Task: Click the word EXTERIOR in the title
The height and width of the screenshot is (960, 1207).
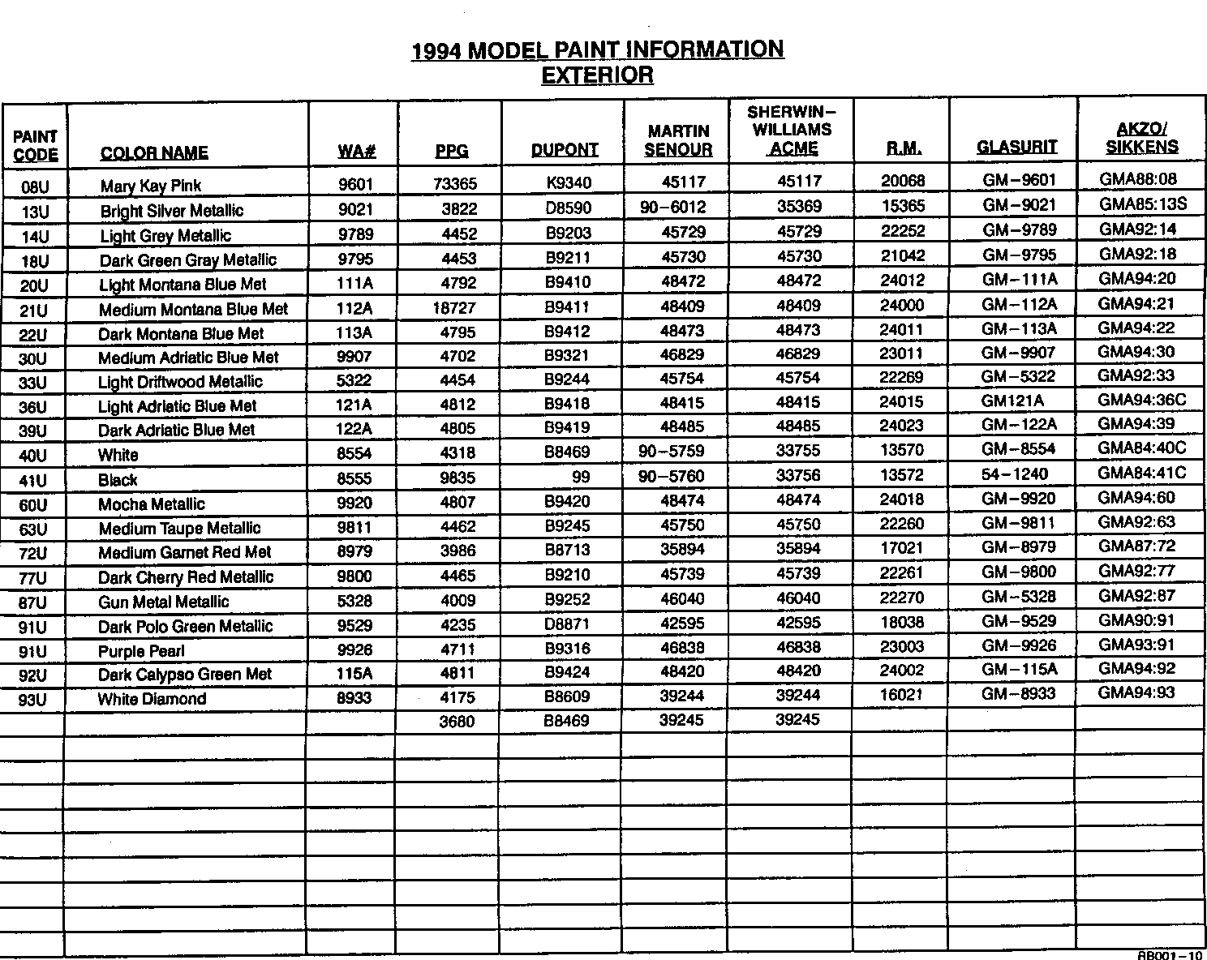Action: [x=597, y=75]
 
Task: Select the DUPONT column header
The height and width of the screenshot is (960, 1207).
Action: [x=565, y=150]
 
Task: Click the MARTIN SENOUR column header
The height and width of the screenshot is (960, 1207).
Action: [x=678, y=140]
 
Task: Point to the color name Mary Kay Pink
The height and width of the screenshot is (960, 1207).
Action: [x=151, y=186]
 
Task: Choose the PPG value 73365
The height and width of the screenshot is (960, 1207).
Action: [x=455, y=184]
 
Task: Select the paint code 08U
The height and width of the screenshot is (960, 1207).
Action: [x=36, y=187]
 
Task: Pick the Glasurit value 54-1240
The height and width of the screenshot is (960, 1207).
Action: [x=1015, y=474]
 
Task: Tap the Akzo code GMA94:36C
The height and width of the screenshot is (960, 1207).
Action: [x=1142, y=400]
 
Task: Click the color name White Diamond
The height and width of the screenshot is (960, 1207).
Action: [x=152, y=699]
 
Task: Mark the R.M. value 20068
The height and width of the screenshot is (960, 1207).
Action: [x=903, y=181]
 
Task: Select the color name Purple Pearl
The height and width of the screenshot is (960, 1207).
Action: [x=141, y=651]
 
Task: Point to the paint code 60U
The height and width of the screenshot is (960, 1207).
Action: [x=33, y=506]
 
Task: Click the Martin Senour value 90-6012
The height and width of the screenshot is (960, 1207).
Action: [x=672, y=208]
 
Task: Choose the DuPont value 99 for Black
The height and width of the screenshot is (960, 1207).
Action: [x=581, y=477]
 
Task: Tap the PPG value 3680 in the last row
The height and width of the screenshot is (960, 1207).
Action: [x=457, y=722]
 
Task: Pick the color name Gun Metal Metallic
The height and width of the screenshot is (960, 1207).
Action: [x=163, y=602]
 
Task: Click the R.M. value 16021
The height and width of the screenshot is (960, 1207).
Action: [x=901, y=695]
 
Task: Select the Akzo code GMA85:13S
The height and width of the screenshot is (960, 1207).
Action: [x=1143, y=204]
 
